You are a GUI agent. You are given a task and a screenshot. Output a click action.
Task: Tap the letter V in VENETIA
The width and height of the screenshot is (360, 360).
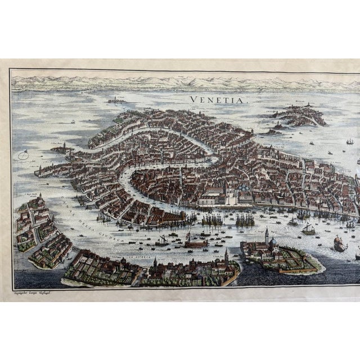(x=193, y=100)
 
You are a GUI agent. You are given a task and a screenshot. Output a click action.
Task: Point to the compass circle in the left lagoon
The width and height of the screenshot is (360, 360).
(x=23, y=155)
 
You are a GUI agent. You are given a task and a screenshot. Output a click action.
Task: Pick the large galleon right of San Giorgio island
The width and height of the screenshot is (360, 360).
(x=340, y=242)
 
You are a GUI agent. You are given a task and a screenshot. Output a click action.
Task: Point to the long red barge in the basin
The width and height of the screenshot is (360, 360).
(x=195, y=244)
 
